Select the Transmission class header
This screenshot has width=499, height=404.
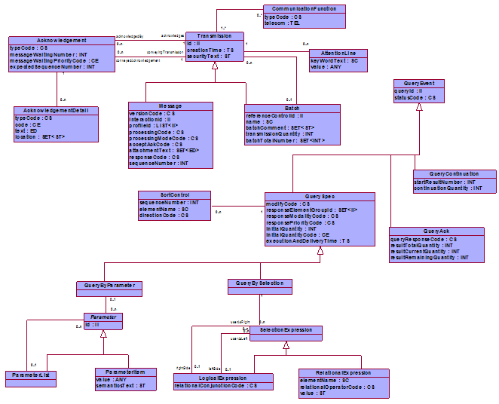214,36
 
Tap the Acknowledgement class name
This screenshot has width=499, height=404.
61,40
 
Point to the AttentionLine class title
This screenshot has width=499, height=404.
338,54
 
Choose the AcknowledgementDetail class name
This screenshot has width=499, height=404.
57,110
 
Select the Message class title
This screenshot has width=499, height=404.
170,106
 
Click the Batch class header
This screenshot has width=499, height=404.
292,109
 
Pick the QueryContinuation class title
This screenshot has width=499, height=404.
455,174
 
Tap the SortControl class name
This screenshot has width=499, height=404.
163,195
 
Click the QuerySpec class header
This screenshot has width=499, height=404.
320,196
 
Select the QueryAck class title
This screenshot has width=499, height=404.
435,231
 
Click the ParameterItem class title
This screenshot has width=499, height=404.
126,371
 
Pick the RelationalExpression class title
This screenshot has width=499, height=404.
344,372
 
